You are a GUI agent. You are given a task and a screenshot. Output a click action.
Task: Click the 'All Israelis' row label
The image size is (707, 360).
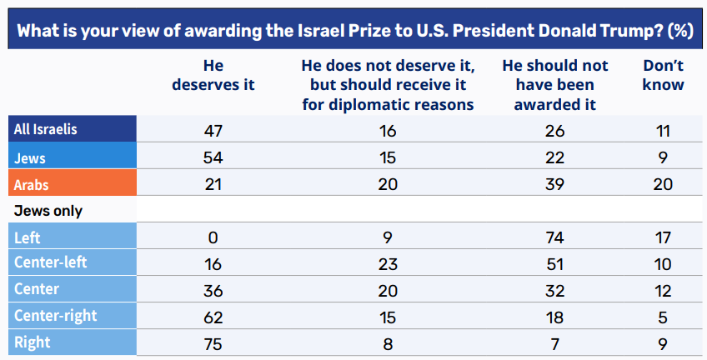[x=45, y=130]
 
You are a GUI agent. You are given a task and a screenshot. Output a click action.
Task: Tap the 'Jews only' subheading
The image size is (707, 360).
[x=48, y=211]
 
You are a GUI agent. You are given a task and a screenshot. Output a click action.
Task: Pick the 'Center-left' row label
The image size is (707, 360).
[x=51, y=263]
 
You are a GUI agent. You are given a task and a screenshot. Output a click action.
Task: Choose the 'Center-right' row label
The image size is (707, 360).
[x=55, y=316]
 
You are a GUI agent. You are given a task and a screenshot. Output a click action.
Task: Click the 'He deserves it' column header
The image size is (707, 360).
[x=213, y=75]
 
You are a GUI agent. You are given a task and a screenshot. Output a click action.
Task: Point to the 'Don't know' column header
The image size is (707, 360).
[x=664, y=75]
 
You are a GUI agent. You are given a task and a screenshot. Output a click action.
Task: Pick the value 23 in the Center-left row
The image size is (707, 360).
[x=386, y=264]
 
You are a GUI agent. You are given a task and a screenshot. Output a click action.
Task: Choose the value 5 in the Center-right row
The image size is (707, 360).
[x=664, y=317]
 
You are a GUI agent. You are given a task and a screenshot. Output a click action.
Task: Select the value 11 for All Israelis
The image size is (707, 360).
[x=664, y=131]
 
